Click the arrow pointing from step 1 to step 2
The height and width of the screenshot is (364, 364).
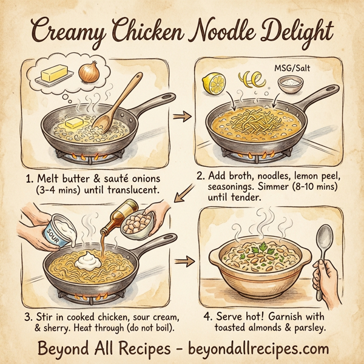178,115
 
